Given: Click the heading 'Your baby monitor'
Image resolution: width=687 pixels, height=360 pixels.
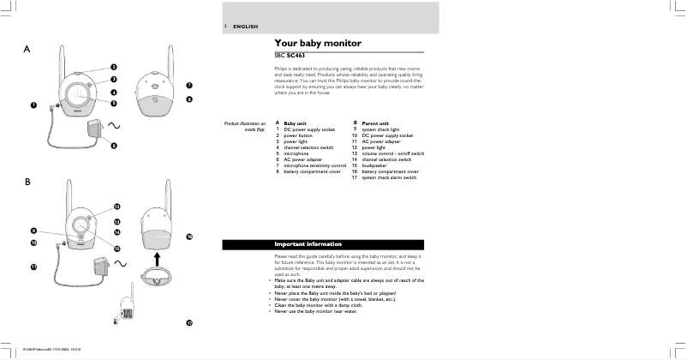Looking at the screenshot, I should click(x=318, y=43).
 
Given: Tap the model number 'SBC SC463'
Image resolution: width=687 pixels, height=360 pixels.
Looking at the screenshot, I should click(x=292, y=56).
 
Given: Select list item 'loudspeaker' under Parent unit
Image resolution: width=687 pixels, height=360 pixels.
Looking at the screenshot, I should click(x=378, y=165).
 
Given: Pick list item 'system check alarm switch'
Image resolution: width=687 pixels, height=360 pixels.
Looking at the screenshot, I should click(x=389, y=177).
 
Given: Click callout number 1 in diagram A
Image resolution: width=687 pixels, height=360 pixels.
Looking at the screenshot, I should click(x=33, y=105).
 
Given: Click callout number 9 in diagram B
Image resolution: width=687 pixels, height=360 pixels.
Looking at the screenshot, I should click(x=33, y=231).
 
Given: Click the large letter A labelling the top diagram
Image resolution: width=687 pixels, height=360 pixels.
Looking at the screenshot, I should click(x=28, y=50).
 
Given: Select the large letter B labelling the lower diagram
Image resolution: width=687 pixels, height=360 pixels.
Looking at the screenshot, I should click(x=28, y=183).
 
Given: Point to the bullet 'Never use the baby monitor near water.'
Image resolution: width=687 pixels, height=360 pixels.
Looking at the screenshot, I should click(x=320, y=310).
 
